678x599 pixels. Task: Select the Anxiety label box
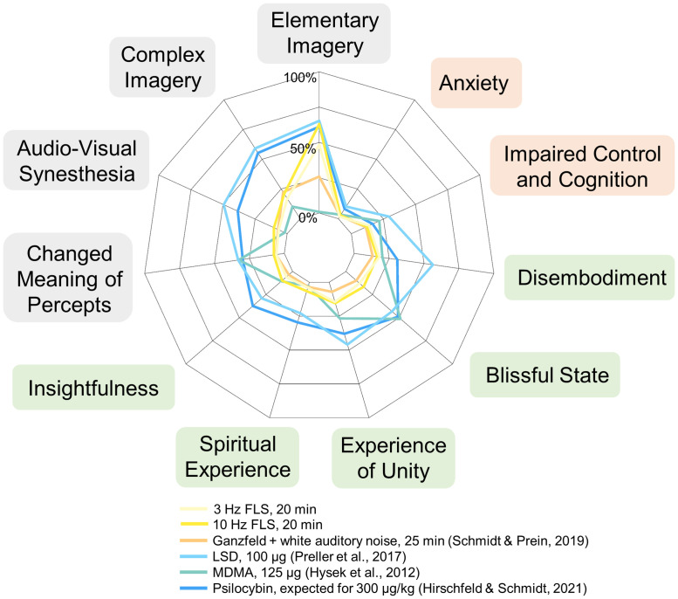473,83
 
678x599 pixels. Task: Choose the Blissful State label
545,375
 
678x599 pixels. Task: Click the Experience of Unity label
394,458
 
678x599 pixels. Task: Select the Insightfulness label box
93,388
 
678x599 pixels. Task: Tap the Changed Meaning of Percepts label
69,279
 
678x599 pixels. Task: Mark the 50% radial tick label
303,148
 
